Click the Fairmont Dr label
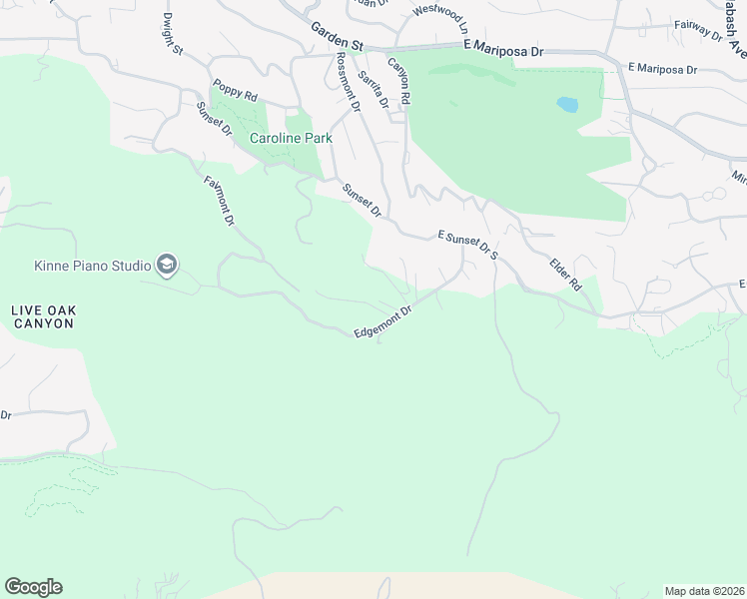219,200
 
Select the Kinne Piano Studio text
92,266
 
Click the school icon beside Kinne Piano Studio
167,265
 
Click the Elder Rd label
565,274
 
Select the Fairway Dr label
698,30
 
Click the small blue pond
567,104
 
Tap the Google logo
33,587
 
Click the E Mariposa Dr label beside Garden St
503,48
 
